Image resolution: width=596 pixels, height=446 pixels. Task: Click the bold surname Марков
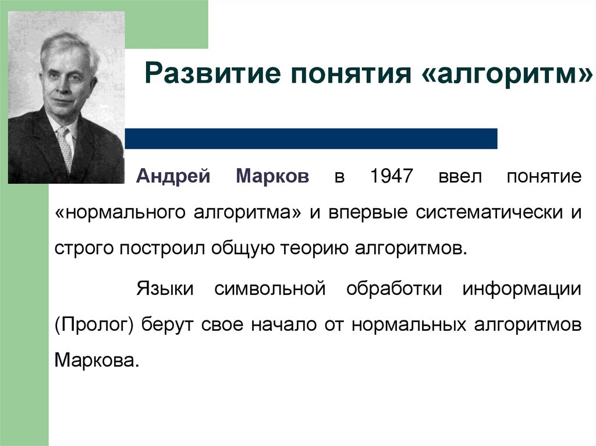point(273,176)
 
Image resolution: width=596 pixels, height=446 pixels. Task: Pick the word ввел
point(460,176)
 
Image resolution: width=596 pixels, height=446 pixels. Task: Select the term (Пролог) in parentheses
point(94,324)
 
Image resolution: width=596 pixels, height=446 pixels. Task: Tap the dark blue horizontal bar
point(311,138)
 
